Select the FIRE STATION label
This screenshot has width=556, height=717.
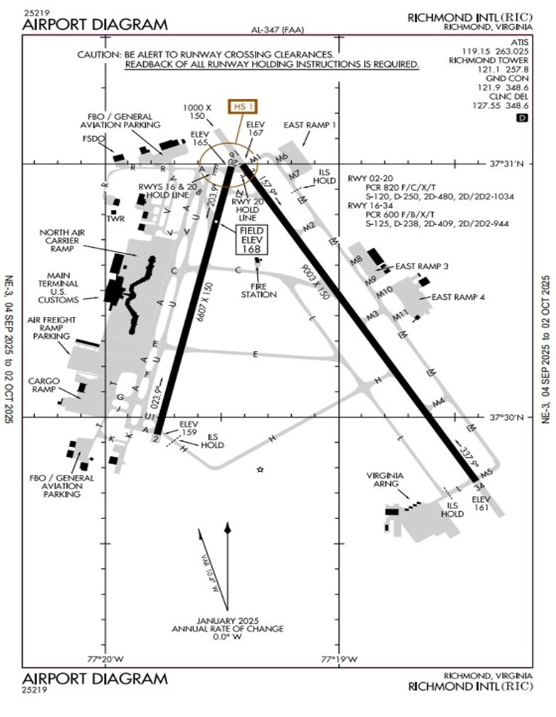258,290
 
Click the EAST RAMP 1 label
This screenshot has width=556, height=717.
310,125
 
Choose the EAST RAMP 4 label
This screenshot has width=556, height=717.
458,297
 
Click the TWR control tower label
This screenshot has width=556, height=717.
115,217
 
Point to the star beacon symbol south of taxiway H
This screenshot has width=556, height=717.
261,470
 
